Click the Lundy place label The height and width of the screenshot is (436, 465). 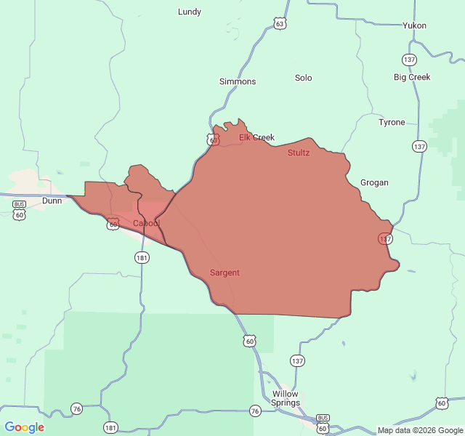pos(190,12)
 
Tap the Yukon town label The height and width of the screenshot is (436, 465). pos(414,25)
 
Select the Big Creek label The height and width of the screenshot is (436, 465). pos(412,77)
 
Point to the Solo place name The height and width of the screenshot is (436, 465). pos(303,78)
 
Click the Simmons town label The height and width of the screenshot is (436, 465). pos(238,81)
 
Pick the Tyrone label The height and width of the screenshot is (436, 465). pos(392,122)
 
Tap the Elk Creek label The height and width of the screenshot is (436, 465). pos(256,137)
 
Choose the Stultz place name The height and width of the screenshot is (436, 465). pos(298,153)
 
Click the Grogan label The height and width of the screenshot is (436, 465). pos(374,182)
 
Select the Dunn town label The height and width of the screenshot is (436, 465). pos(52,201)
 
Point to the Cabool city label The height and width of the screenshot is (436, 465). pos(145,223)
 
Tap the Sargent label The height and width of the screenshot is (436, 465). pos(225,272)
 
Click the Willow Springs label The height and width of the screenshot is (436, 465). pos(285,398)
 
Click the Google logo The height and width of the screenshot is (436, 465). pos(24,427)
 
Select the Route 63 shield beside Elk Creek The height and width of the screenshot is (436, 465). pos(212,140)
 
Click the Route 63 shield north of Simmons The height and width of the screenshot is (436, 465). pos(280,24)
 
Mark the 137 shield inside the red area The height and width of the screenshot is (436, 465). pos(385,238)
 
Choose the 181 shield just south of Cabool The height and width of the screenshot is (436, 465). pos(142,257)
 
